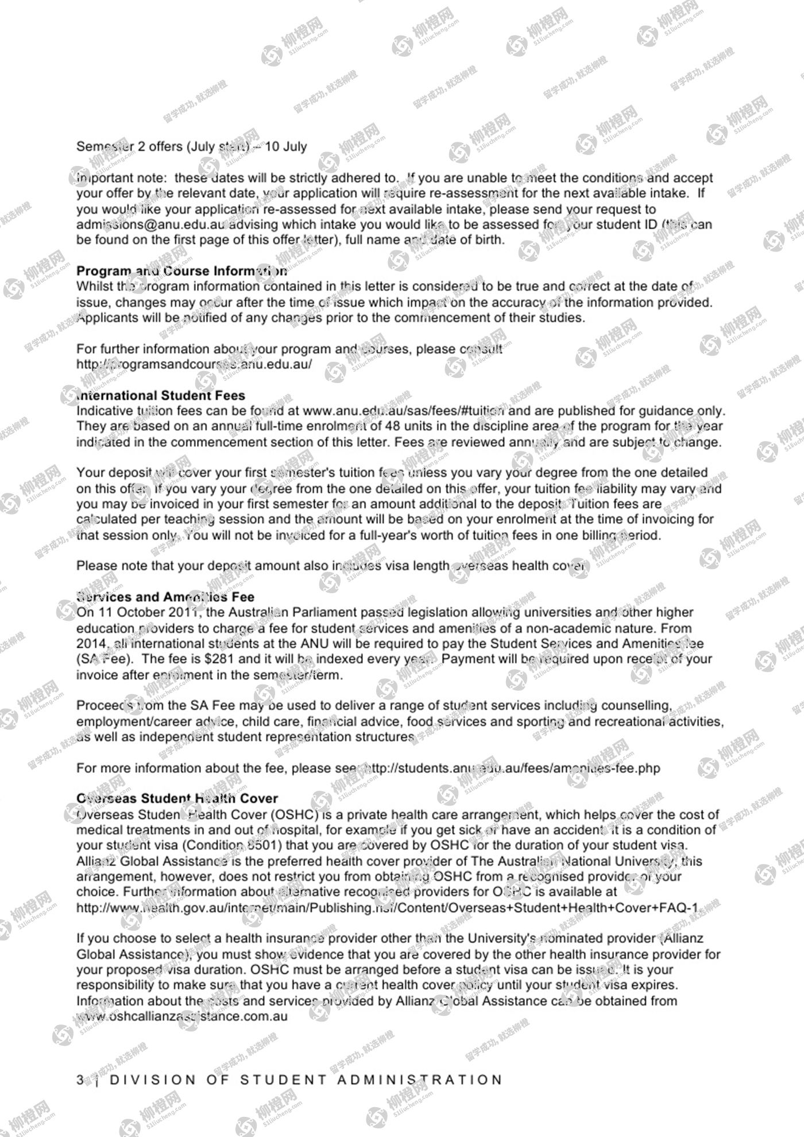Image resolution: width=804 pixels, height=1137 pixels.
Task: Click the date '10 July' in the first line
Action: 286,146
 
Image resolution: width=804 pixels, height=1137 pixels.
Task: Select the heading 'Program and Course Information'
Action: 181,271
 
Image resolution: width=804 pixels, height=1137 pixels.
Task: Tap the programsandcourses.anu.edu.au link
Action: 194,365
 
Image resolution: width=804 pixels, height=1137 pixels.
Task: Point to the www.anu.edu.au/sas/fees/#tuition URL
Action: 404,411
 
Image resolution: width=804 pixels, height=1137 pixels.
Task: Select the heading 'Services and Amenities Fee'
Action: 165,597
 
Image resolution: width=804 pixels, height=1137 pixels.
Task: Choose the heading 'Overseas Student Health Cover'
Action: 177,799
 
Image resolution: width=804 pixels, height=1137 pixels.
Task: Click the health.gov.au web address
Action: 387,908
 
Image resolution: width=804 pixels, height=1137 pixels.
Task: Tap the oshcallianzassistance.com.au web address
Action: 182,1016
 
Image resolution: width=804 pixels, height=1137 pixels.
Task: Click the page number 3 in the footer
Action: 80,1080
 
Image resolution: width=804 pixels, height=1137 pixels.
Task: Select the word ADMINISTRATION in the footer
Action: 419,1080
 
